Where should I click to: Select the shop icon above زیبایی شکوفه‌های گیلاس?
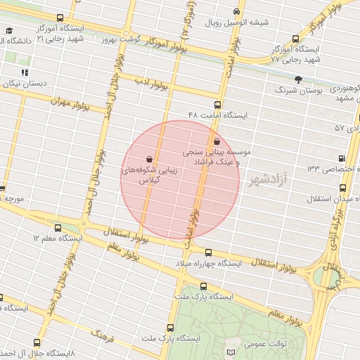click(x=149, y=159)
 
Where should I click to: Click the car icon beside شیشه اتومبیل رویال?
click(x=237, y=12)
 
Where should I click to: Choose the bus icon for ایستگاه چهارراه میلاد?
click(x=208, y=252)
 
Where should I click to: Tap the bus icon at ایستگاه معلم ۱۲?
click(x=58, y=228)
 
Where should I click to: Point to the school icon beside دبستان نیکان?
click(x=25, y=72)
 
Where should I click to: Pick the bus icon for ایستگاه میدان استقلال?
click(x=342, y=188)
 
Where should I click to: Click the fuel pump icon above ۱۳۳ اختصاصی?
click(x=342, y=158)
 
